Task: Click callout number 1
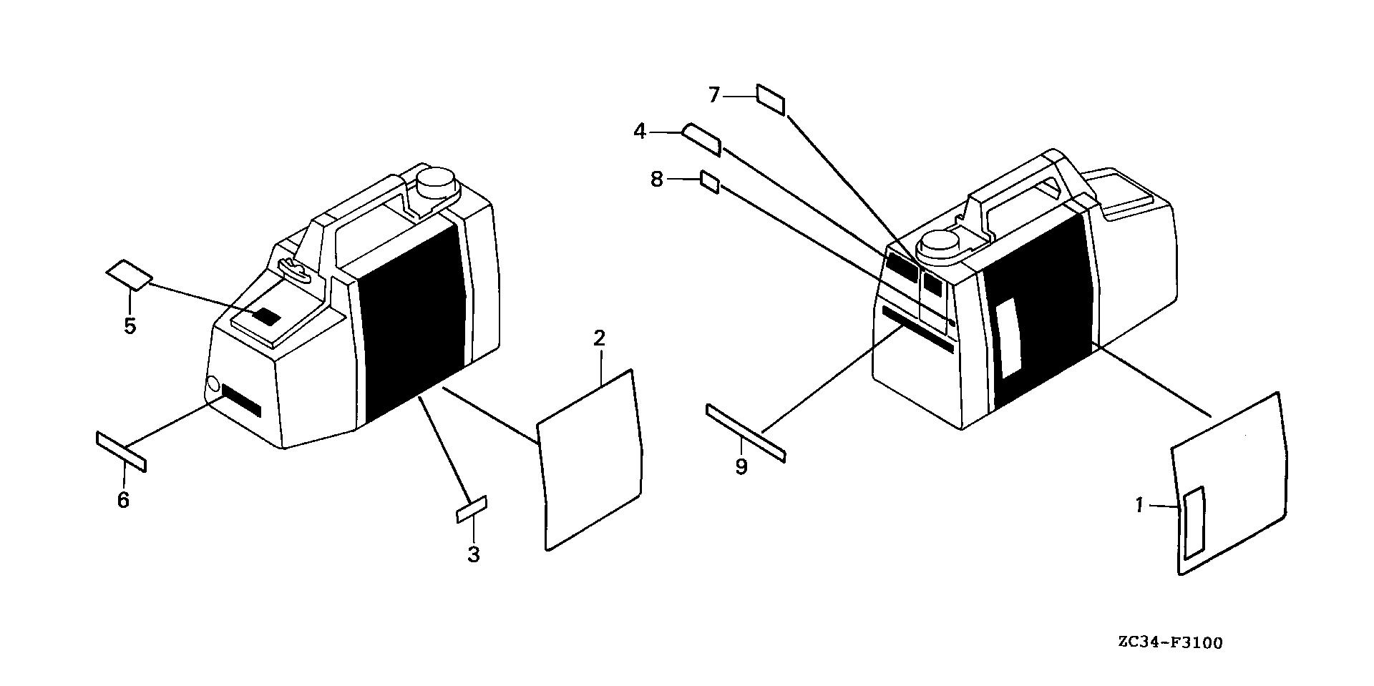pos(1139,506)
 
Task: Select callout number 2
pos(600,338)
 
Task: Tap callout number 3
pos(474,554)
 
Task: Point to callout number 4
pos(640,132)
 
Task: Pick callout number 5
pos(130,326)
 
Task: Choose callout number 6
pos(123,500)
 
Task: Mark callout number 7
pos(714,94)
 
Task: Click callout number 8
pos(657,179)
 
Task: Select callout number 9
pos(741,467)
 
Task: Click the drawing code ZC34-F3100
pos(1170,643)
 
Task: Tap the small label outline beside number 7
pos(771,100)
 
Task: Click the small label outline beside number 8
pos(710,182)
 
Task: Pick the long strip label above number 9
pos(746,433)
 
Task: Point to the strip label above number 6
pos(121,452)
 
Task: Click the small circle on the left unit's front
pos(213,386)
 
